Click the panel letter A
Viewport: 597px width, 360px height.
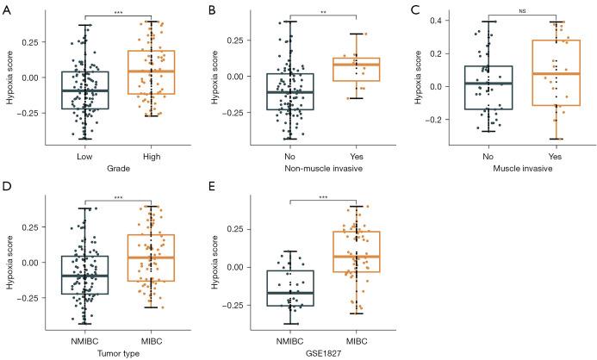click(6, 7)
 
